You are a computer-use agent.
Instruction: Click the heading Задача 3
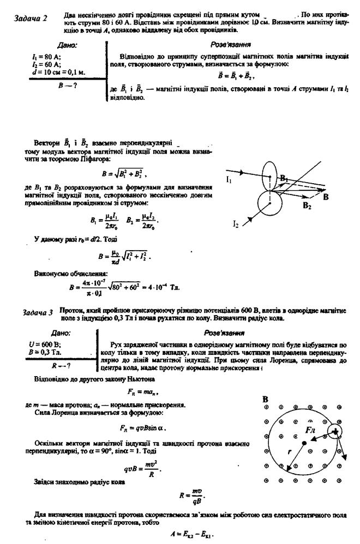[38, 312]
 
